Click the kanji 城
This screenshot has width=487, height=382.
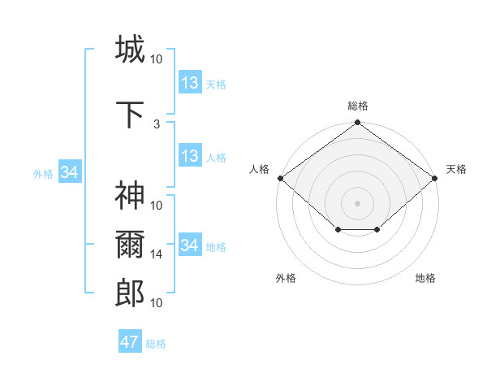pos(130,49)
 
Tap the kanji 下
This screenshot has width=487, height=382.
pos(130,115)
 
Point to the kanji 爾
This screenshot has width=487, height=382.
pos(130,245)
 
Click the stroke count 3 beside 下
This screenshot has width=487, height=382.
pos(157,124)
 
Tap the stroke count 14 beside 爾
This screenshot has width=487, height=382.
pos(157,254)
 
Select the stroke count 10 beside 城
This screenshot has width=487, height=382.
pos(157,59)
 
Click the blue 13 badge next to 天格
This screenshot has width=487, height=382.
pos(189,83)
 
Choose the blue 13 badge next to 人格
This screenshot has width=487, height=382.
pos(189,156)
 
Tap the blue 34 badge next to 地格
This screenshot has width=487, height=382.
pos(189,245)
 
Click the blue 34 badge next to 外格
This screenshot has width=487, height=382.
pos(69,172)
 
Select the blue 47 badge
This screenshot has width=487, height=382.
pos(130,342)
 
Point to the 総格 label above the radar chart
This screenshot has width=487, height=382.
pos(357,106)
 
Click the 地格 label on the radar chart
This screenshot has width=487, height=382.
pos(425,278)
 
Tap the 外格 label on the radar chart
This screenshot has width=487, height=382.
pos(286,278)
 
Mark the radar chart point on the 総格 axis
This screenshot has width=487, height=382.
pos(357,124)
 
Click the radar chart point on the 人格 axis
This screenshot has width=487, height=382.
pos(281,178)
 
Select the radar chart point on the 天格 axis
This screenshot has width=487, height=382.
pos(434,178)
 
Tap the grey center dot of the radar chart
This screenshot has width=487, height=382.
pos(357,202)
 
